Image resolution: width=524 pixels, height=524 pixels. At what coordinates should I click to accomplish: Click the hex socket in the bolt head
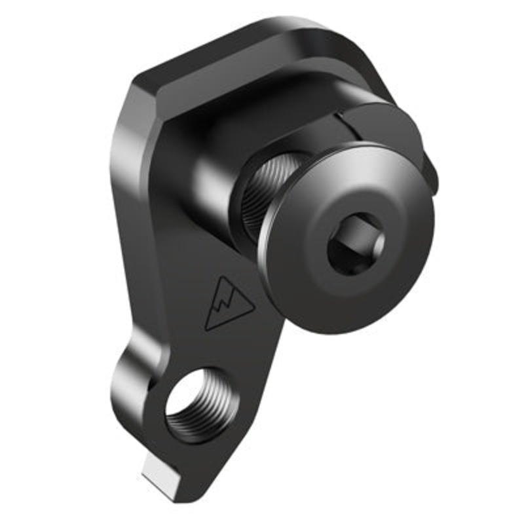[356, 245]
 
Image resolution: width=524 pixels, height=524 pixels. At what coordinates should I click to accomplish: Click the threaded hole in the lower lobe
[197, 403]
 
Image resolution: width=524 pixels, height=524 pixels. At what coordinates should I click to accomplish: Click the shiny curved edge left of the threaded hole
[124, 386]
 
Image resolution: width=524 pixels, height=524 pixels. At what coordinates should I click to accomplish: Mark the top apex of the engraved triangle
[222, 277]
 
